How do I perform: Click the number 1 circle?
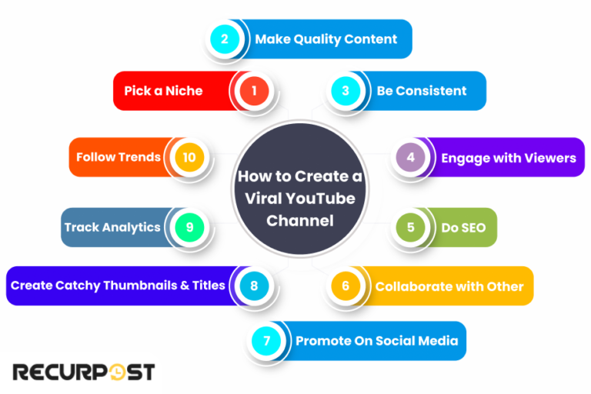(254, 91)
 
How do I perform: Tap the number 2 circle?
(225, 39)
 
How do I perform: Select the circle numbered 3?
(346, 91)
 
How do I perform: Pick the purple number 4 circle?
(411, 158)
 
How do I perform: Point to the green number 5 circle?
(411, 228)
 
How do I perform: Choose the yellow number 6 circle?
(346, 286)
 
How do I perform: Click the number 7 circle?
(266, 341)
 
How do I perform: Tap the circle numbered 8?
(254, 286)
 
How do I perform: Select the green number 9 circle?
(189, 228)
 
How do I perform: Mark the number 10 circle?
(189, 158)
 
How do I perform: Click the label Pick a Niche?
(164, 91)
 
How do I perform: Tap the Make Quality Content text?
(326, 39)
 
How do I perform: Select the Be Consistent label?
(422, 91)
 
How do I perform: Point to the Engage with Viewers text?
(508, 158)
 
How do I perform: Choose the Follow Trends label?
(118, 157)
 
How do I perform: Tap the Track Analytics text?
(112, 227)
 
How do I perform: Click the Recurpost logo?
(83, 372)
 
